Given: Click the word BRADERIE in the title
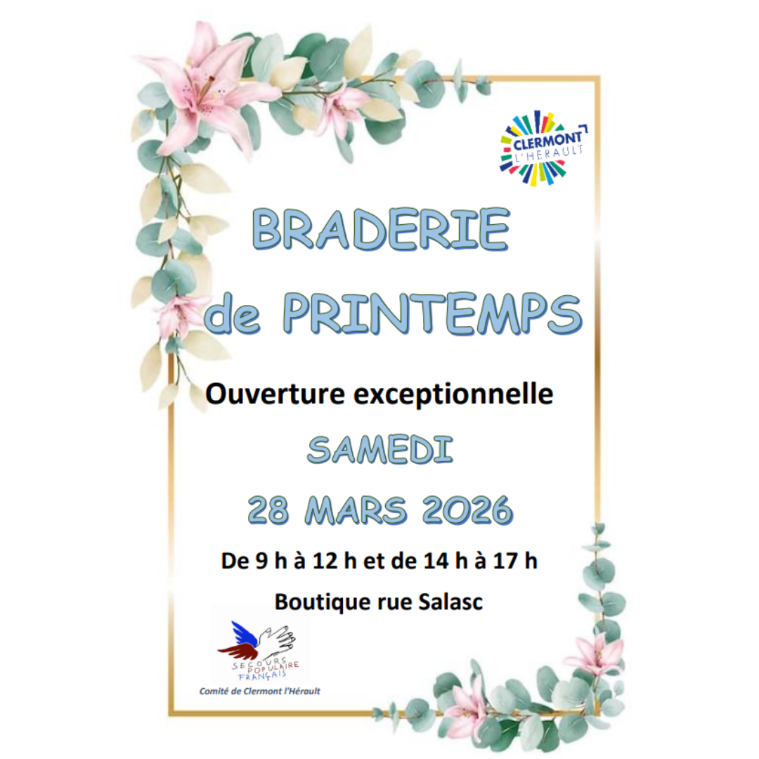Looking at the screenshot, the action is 380,228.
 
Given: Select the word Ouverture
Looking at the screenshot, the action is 275,394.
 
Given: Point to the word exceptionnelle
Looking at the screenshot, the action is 453,394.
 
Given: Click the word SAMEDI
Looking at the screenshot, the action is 380,450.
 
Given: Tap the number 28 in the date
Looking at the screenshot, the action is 268,510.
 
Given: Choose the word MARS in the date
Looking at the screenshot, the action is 356,510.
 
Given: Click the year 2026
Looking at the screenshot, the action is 467,510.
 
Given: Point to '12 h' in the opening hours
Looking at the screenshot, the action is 335,561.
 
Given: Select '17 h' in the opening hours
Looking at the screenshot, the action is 515,561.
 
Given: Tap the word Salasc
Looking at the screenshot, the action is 450,602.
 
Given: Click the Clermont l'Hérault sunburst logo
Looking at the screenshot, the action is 542,148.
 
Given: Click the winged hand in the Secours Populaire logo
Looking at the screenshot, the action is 257,640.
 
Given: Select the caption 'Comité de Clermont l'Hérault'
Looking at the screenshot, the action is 260,692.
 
